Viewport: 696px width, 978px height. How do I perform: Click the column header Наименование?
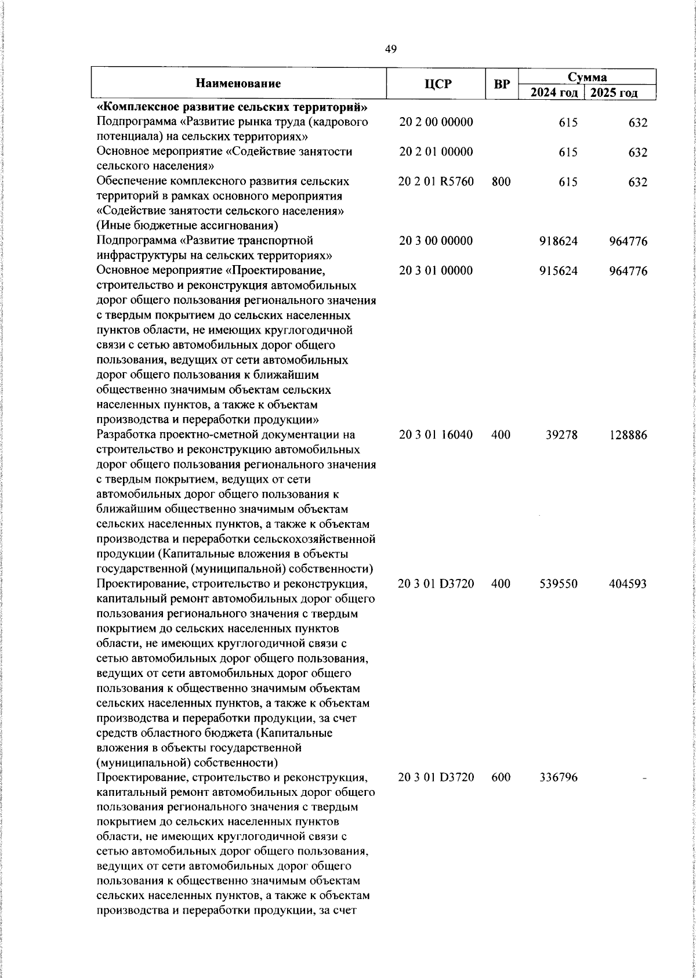[x=238, y=84]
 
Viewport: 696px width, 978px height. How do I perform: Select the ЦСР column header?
[x=437, y=84]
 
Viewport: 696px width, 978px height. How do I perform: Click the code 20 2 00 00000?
[x=436, y=122]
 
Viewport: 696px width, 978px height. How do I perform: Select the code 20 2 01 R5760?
[x=436, y=182]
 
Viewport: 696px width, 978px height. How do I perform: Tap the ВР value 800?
[x=501, y=182]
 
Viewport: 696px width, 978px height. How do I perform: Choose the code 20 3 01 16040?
[x=436, y=435]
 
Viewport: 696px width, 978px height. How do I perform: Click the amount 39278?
[x=561, y=435]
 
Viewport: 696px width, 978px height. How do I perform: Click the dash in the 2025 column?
[x=644, y=778]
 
